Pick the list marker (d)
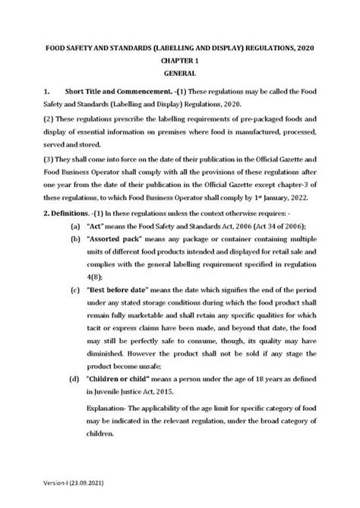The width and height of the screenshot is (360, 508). (76, 379)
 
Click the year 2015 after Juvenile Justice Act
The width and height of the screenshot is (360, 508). (181, 392)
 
